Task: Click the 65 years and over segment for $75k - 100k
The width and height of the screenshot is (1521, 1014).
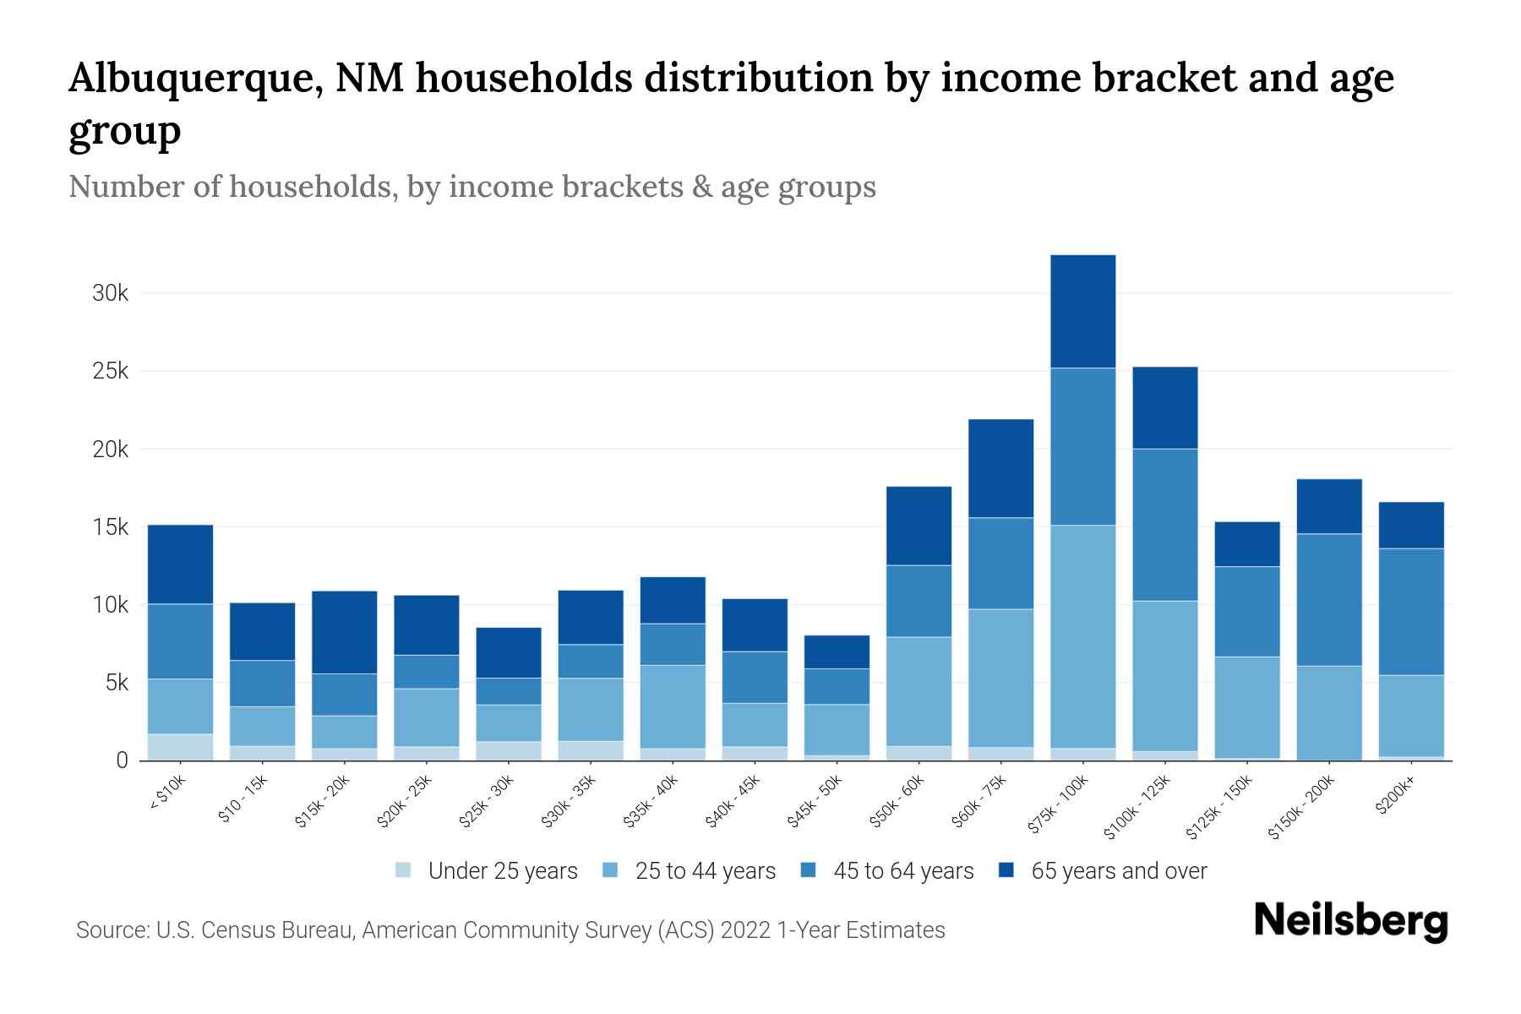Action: click(1082, 311)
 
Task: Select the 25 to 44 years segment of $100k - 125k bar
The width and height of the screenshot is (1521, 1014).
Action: click(1164, 676)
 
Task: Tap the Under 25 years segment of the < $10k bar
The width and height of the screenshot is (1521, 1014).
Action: click(180, 747)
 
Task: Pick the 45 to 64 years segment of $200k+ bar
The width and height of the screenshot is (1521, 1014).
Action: click(1410, 612)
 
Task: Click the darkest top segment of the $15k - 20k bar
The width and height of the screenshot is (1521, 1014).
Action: click(344, 632)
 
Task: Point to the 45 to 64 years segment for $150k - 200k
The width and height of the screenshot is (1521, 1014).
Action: click(1328, 600)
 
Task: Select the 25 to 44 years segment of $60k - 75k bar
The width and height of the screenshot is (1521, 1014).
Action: click(1000, 678)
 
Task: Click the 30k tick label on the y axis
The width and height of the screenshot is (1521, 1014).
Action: click(110, 294)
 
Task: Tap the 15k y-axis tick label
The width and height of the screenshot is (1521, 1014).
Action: click(110, 527)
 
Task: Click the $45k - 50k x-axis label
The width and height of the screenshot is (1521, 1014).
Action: click(815, 801)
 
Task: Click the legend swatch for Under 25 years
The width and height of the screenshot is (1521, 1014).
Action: click(403, 870)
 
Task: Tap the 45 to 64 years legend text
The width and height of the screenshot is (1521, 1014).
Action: click(903, 871)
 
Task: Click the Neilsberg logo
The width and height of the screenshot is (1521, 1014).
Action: click(1350, 921)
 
